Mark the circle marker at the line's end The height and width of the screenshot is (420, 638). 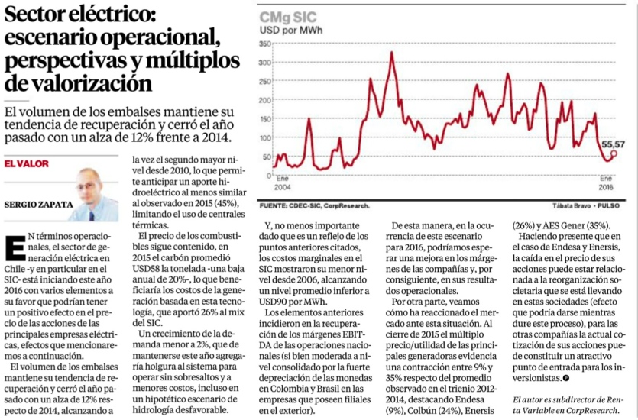click(x=613, y=153)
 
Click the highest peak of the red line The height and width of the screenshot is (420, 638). click(x=392, y=53)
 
